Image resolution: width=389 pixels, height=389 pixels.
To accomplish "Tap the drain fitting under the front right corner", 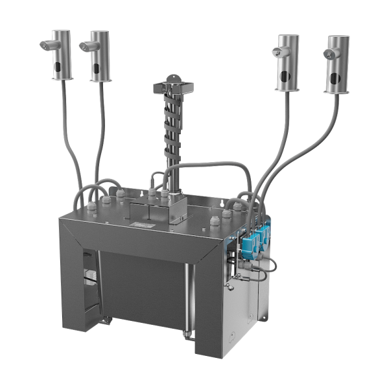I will [x=189, y=335].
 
